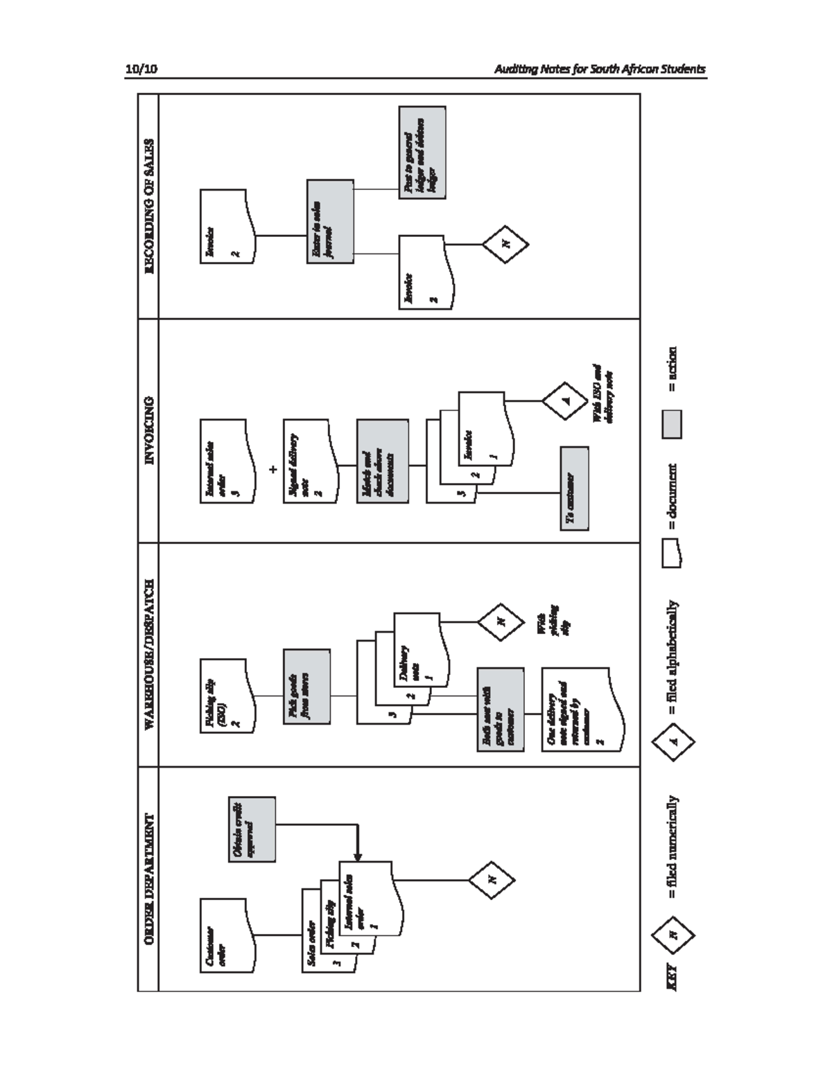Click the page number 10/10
pyautogui.click(x=141, y=69)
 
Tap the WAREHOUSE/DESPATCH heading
pyautogui.click(x=148, y=654)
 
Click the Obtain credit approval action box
pyautogui.click(x=252, y=829)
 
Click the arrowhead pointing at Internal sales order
pyautogui.click(x=358, y=857)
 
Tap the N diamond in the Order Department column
pyautogui.click(x=492, y=880)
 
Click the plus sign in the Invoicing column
pyautogui.click(x=273, y=469)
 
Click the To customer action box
pyautogui.click(x=575, y=488)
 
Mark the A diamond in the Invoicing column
pyautogui.click(x=565, y=400)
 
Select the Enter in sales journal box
pyautogui.click(x=330, y=221)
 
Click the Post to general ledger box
pyautogui.click(x=422, y=152)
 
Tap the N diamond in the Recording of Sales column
pyautogui.click(x=505, y=244)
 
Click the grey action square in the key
pyautogui.click(x=672, y=423)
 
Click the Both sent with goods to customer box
pyautogui.click(x=500, y=709)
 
